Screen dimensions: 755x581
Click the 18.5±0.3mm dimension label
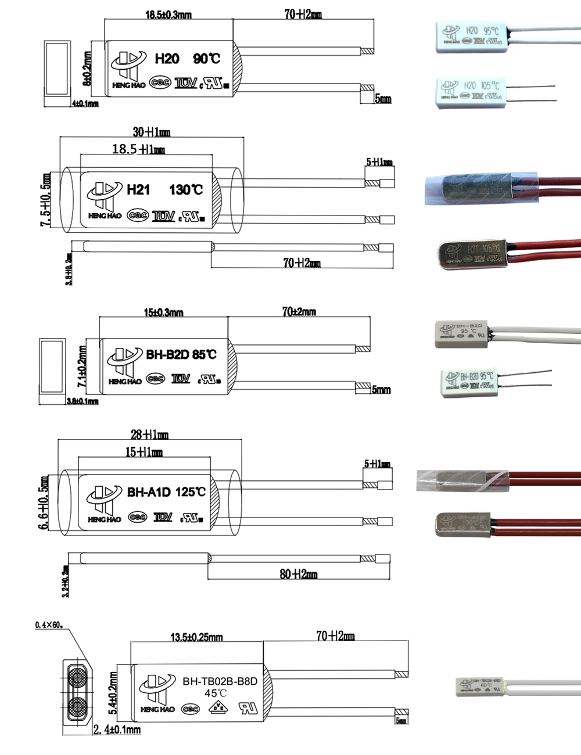click(168, 15)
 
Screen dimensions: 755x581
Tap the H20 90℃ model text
click(187, 59)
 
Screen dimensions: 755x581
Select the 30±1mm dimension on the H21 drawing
click(151, 132)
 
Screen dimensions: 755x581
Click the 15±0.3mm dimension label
click(163, 312)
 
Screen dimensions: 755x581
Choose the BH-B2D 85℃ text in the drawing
click(181, 354)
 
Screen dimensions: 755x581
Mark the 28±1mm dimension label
click(149, 434)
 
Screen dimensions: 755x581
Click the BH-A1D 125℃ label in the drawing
click(166, 492)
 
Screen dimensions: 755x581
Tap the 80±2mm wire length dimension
click(298, 574)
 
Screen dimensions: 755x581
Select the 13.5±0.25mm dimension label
click(196, 637)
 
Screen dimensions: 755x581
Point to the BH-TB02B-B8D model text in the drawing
click(220, 681)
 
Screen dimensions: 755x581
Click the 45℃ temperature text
click(215, 693)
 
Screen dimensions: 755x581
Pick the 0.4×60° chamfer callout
click(49, 625)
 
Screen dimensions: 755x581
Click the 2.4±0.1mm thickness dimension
click(117, 729)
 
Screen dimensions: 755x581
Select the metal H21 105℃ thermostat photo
click(474, 254)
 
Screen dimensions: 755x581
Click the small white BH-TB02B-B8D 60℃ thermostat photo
click(480, 685)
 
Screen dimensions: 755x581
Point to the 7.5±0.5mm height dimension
click(45, 199)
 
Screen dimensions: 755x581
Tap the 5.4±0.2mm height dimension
click(113, 693)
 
